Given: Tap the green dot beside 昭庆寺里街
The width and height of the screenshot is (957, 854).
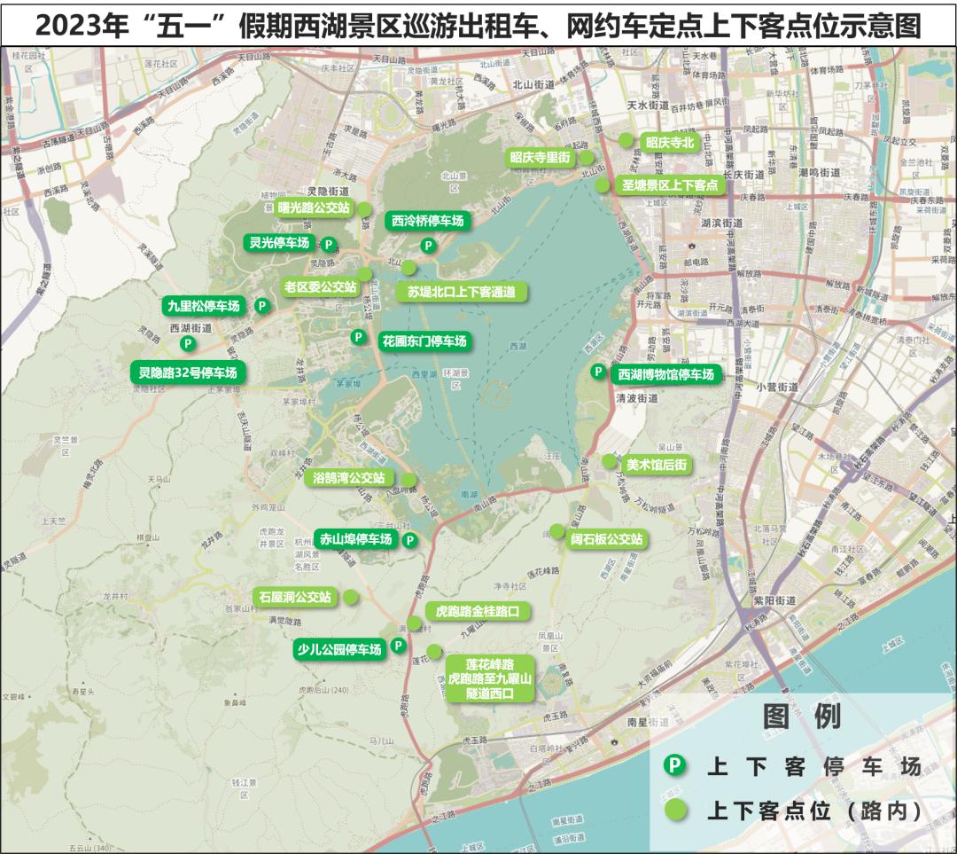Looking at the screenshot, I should tap(587, 157).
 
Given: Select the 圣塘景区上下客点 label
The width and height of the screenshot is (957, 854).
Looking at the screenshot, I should tap(670, 185).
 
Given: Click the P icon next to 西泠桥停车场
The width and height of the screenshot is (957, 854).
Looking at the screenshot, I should tap(428, 246).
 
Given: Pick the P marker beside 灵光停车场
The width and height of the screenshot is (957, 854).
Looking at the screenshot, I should tap(328, 244).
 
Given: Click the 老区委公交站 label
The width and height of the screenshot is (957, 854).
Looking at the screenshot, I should tap(320, 286).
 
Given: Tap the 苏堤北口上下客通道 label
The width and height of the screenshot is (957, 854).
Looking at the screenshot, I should tap(462, 292).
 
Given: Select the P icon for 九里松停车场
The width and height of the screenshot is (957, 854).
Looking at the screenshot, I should tap(261, 306).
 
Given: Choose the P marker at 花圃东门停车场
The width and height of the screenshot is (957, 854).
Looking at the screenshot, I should tap(358, 337).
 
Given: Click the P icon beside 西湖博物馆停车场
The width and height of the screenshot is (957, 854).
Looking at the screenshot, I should tap(598, 372).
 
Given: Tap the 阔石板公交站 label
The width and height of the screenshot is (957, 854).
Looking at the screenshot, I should tap(607, 539).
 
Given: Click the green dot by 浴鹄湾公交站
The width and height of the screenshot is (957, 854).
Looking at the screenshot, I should tap(408, 479).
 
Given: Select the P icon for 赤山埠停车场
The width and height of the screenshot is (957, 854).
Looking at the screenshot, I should tap(409, 539).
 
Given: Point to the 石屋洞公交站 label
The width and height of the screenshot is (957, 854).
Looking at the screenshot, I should tap(293, 597).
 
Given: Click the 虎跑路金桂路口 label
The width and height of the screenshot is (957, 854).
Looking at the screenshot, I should tap(478, 612).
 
